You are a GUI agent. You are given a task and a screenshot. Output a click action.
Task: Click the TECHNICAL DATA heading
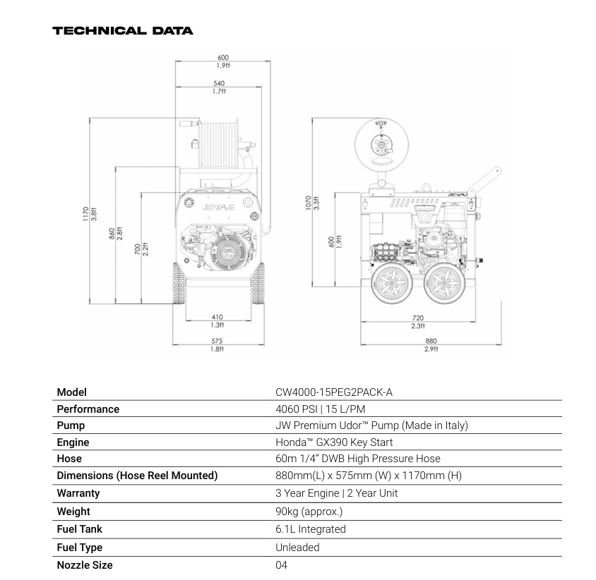[122, 31]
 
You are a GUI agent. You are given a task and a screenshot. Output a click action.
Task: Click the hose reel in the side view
[381, 143]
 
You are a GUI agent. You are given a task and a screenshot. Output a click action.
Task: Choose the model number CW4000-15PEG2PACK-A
[333, 392]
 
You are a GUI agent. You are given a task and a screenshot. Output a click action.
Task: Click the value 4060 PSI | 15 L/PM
[320, 409]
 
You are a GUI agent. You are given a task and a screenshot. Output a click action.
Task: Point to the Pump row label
[71, 425]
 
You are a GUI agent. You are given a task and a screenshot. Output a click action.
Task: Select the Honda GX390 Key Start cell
[334, 442]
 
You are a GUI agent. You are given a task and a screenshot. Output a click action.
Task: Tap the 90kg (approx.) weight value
[309, 512]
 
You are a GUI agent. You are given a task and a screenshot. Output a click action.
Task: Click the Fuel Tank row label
[80, 529]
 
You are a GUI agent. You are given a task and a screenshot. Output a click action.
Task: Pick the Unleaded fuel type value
[297, 548]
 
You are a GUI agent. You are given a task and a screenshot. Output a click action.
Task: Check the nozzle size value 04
[282, 565]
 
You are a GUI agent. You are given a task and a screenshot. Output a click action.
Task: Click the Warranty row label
[78, 493]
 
